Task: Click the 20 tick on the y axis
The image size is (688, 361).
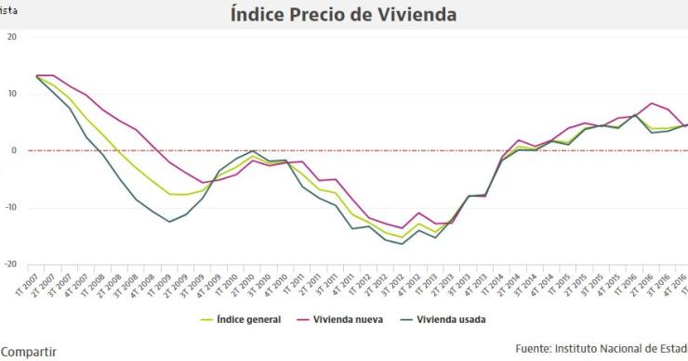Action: coord(12,37)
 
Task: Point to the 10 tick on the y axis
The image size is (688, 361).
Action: coord(12,94)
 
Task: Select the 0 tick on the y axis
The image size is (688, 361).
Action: coord(14,150)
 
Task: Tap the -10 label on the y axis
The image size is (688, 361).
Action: coord(10,208)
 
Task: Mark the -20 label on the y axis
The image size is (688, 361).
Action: coord(10,264)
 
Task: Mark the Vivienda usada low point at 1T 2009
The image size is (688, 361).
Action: coord(169,222)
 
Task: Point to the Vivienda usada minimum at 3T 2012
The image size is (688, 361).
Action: coord(402,243)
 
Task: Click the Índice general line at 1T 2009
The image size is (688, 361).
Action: coord(169,194)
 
